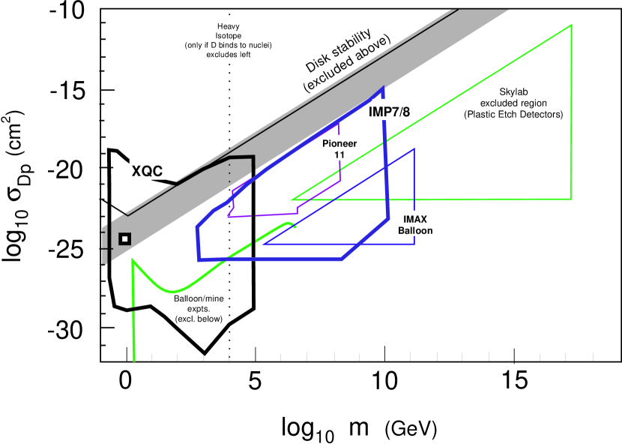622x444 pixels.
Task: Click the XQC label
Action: (x=147, y=169)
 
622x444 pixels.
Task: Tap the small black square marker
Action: (x=125, y=238)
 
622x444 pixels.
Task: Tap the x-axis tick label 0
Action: (x=126, y=380)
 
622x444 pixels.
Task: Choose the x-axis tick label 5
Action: (x=255, y=380)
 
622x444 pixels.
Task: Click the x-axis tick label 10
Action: (x=384, y=380)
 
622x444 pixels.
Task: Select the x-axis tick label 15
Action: (x=514, y=380)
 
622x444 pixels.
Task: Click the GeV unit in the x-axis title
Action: (x=411, y=429)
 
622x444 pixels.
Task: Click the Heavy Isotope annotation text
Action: (x=228, y=40)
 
